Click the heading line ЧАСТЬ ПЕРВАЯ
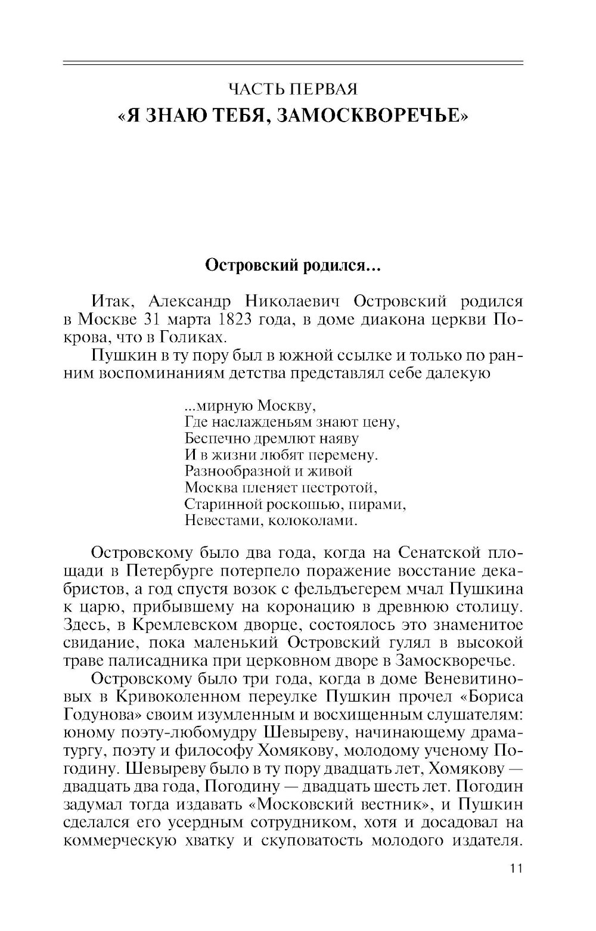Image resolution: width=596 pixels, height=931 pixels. [293, 90]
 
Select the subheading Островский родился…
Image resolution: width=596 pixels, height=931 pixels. [293, 265]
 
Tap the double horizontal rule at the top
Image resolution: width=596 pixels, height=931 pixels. [293, 63]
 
